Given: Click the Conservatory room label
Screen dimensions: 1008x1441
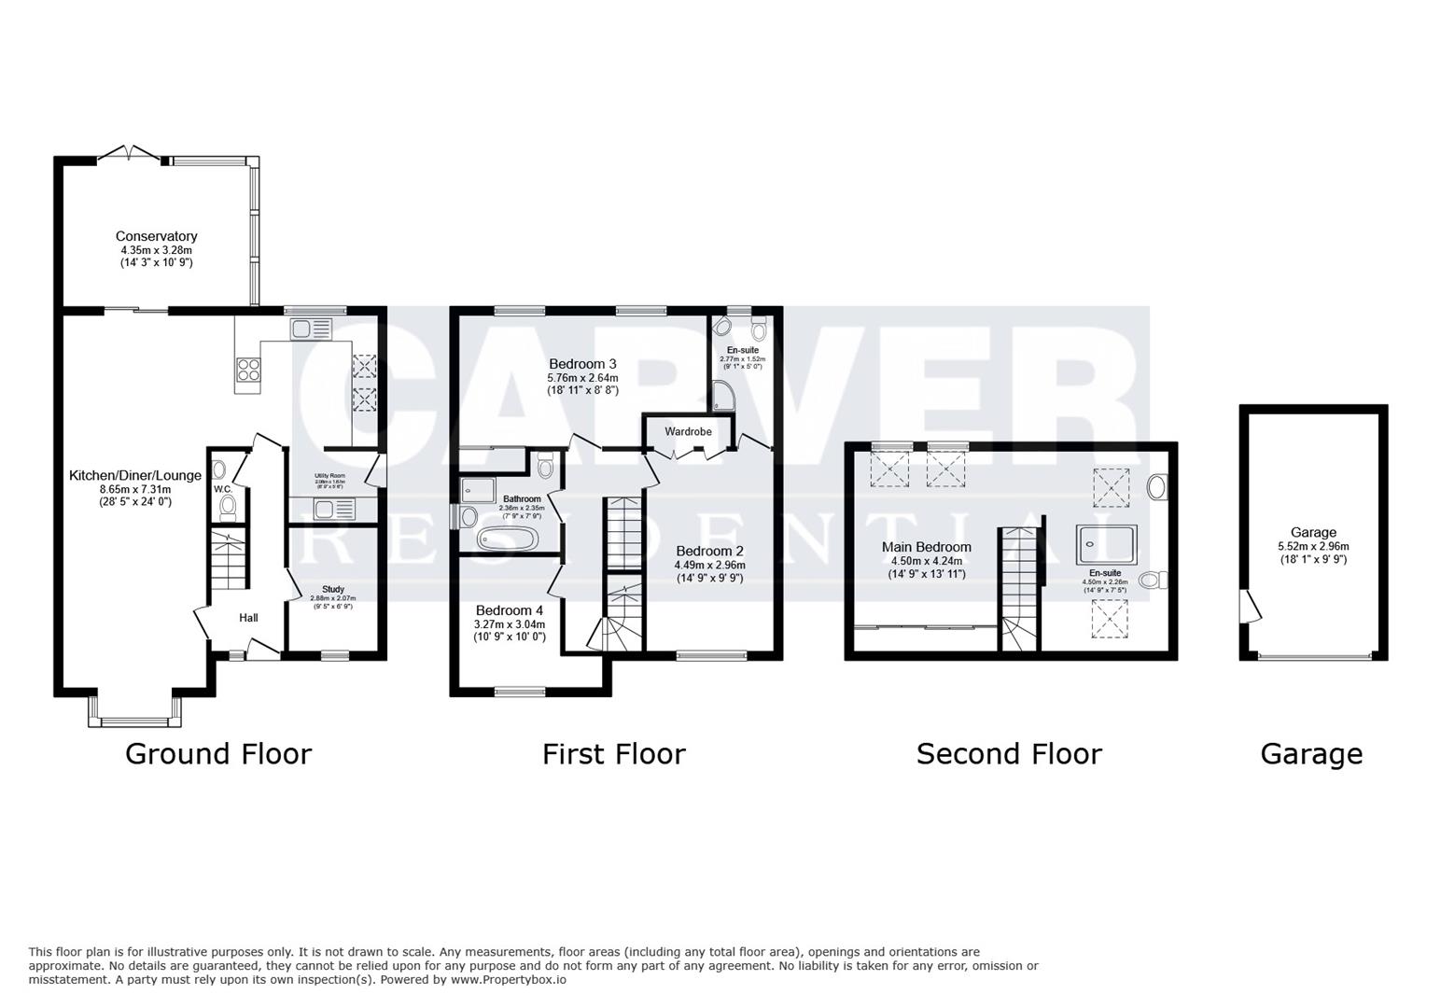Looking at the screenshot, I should coord(156,236).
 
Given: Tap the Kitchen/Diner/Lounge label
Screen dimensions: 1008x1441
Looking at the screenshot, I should coord(135,475).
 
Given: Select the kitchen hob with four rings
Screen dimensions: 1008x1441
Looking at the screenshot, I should coord(249,370).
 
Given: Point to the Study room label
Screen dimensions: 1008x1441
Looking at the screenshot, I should coord(333,589).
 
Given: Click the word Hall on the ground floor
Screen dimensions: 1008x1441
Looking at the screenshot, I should coord(248,617).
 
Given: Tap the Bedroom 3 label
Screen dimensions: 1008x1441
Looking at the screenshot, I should coord(582,363).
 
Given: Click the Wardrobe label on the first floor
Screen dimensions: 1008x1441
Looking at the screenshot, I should coord(688,431).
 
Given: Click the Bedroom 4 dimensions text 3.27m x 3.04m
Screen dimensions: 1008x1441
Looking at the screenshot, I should coord(509,624).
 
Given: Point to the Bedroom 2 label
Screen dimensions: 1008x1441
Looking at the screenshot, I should coord(709,551).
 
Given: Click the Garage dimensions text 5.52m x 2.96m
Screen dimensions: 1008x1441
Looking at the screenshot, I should coord(1313,546).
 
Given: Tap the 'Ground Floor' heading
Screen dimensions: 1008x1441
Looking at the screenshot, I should coord(217,753).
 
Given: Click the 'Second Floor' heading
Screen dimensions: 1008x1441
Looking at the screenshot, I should coord(1008,753).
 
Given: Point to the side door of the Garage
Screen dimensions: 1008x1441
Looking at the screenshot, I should coord(1248,606).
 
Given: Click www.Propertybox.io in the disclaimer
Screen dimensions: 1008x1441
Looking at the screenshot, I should coord(510,980).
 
